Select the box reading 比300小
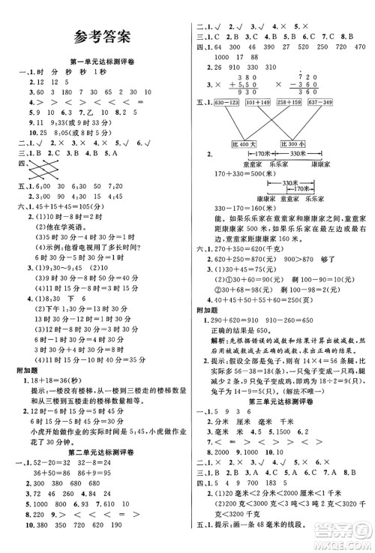tap(293, 143)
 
